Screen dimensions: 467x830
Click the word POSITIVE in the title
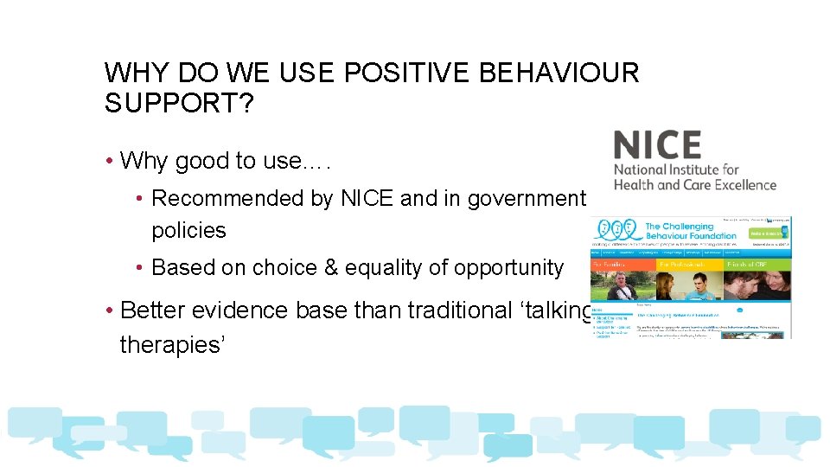[x=405, y=74]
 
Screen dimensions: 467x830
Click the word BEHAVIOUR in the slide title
[x=558, y=74]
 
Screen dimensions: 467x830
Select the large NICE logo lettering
[x=657, y=144]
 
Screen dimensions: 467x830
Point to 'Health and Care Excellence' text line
[x=695, y=184]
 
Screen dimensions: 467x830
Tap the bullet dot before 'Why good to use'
[x=110, y=162]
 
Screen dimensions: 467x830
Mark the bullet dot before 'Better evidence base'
[x=110, y=310]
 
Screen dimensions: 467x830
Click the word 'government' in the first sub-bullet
[x=527, y=199]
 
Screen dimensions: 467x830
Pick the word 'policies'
[x=188, y=231]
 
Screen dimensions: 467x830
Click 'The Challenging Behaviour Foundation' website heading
[x=690, y=231]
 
